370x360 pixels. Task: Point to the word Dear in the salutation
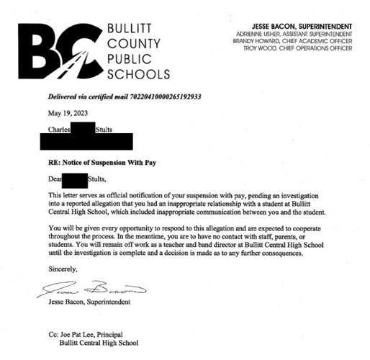(55, 180)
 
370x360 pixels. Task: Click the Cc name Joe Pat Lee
(78, 335)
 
